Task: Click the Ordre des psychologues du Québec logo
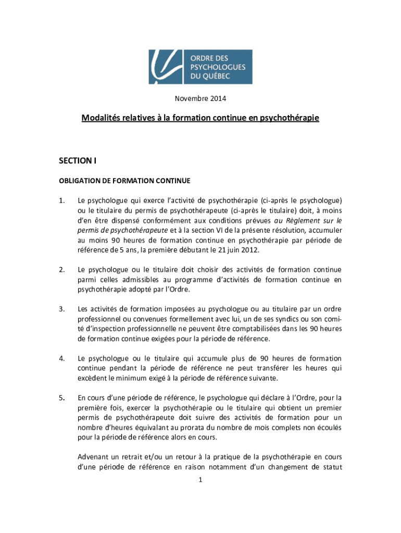click(x=200, y=67)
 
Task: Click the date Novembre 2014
click(x=200, y=98)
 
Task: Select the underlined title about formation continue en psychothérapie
click(x=200, y=118)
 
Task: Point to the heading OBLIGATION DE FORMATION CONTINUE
click(x=124, y=181)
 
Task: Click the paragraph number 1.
click(x=61, y=200)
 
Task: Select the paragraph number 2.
click(x=61, y=270)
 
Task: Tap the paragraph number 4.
click(x=61, y=359)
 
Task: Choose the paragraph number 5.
click(x=61, y=398)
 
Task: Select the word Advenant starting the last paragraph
click(x=94, y=456)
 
